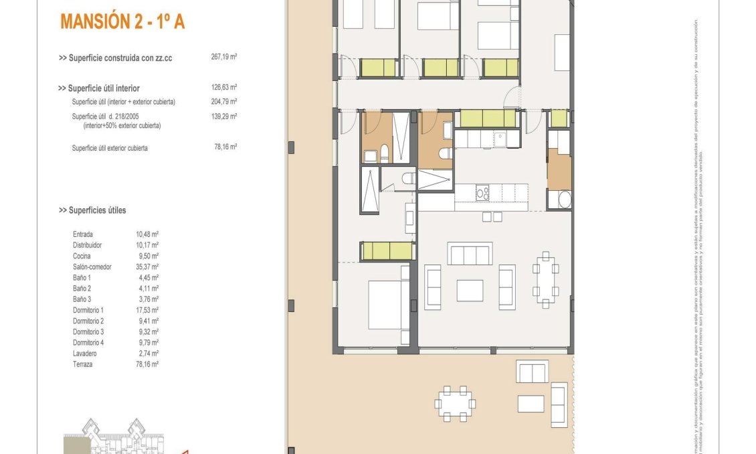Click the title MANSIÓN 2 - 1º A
[x=122, y=21]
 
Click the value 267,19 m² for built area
[x=224, y=58]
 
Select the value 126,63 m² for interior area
[x=224, y=88]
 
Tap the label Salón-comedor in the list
[x=92, y=267]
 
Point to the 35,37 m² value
[x=147, y=267]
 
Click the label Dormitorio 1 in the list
[x=88, y=310]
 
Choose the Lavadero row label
[x=85, y=353]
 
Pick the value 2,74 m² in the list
[x=148, y=353]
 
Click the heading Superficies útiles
[x=92, y=210]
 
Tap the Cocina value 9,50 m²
[x=148, y=256]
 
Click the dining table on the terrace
[x=454, y=404]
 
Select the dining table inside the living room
[x=546, y=280]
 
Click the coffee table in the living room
[x=470, y=290]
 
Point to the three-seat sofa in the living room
[x=470, y=254]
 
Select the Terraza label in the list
[x=84, y=364]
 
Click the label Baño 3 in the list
[x=82, y=299]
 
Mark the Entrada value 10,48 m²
[x=147, y=234]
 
